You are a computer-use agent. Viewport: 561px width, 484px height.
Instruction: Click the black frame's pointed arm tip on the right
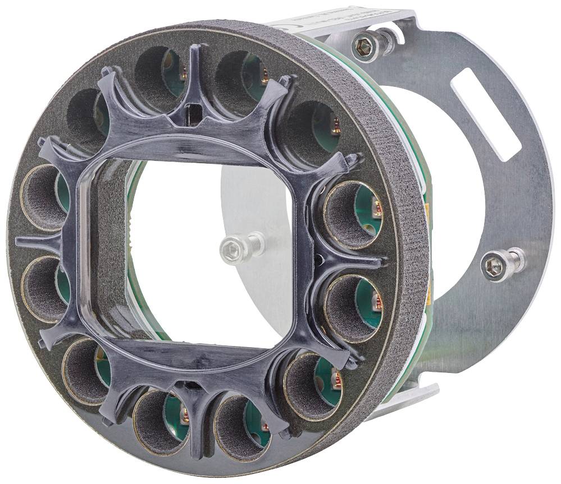click(382, 261)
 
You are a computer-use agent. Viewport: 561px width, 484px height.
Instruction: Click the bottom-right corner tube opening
click(309, 387)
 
